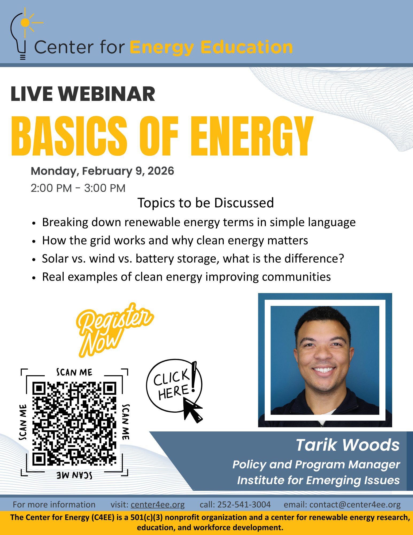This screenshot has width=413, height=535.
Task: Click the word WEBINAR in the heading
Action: [107, 94]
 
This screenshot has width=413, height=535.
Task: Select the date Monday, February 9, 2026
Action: [102, 171]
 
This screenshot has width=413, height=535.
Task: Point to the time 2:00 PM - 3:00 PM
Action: [78, 188]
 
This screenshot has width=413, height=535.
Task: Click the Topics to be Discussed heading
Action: [206, 203]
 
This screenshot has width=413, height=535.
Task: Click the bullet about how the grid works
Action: [175, 240]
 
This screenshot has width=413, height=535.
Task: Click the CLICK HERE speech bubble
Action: [174, 385]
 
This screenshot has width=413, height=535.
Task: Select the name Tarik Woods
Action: [348, 445]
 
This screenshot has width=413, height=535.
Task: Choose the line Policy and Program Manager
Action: [316, 465]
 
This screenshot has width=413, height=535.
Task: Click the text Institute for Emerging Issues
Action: [318, 480]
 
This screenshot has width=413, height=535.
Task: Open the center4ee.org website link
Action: [158, 504]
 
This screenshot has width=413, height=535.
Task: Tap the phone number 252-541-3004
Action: [244, 504]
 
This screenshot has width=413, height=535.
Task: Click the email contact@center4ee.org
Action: [355, 505]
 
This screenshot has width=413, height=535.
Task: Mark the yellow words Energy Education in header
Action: [211, 48]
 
